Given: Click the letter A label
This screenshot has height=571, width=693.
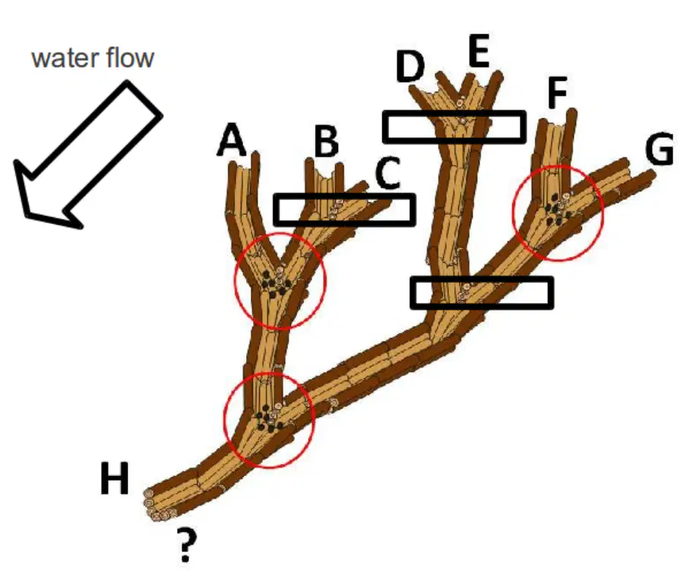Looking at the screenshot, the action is click(231, 140).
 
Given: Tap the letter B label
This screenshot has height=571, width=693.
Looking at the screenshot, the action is click(327, 141).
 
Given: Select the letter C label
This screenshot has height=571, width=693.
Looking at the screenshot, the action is click(388, 172).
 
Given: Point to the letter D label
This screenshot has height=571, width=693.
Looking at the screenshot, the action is click(410, 67).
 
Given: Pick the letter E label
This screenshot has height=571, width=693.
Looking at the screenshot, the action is click(479, 51).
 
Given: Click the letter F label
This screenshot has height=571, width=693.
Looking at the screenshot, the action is click(557, 93).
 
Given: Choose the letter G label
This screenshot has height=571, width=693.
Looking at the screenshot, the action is click(660, 149).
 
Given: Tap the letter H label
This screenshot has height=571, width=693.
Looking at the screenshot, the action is click(115, 478).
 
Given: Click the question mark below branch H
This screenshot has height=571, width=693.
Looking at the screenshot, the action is click(185, 546).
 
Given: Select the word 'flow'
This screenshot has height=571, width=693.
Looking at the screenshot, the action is click(131, 57).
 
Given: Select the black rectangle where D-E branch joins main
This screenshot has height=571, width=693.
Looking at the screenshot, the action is click(482, 292).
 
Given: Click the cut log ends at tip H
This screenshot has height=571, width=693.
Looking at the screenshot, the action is click(158, 506).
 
